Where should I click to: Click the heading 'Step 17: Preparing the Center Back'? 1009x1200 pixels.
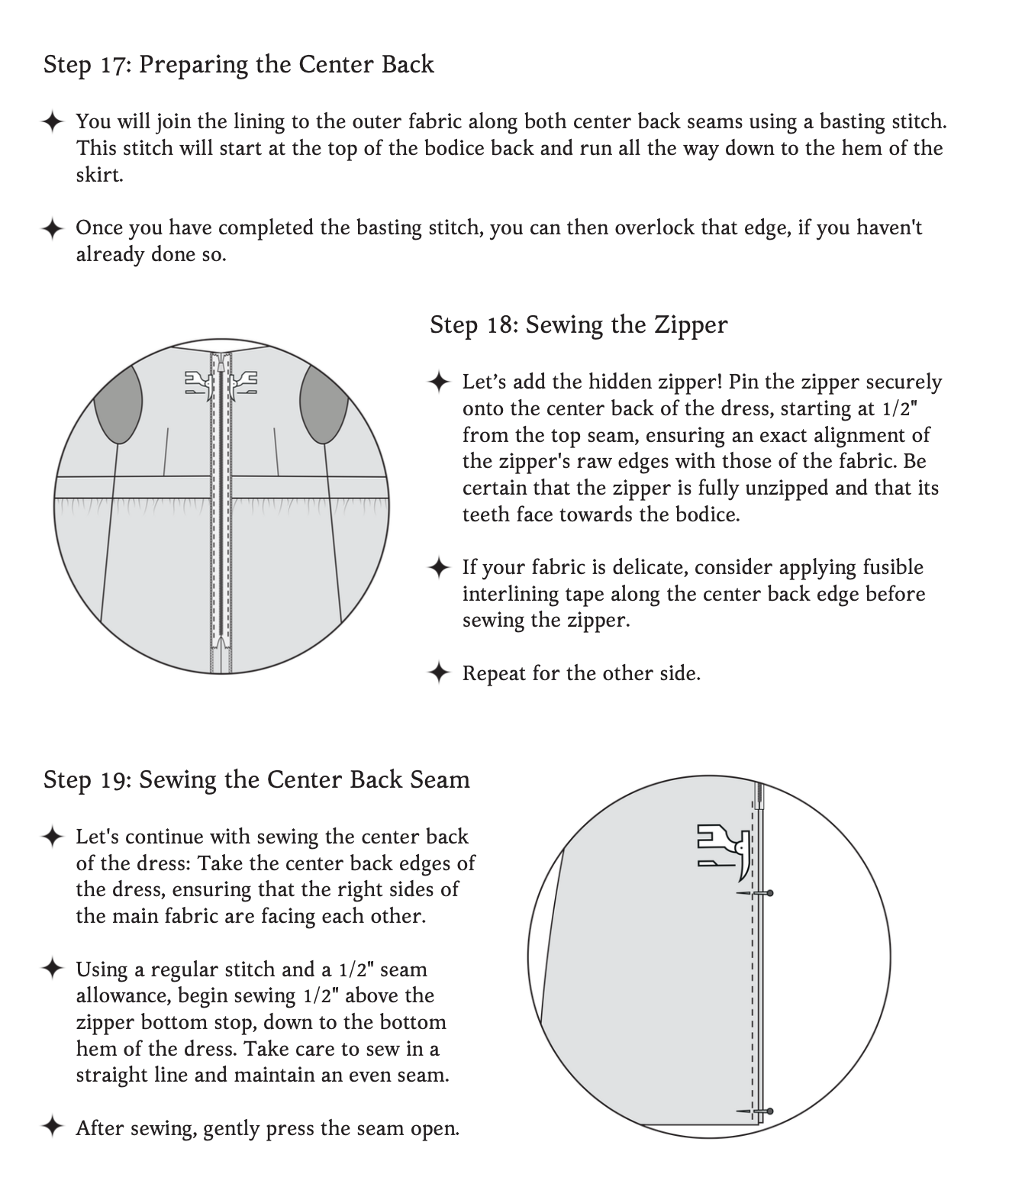238,64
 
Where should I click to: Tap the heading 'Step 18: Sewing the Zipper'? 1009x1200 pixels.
578,324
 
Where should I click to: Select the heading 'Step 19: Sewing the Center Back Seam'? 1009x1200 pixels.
256,779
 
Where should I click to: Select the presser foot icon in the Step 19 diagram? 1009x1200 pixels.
724,847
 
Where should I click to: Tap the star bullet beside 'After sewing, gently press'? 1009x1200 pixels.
52,1127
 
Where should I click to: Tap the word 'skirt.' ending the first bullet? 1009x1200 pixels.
99,175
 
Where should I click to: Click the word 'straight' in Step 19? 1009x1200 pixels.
109,1075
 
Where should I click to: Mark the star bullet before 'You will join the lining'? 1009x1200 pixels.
52,122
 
